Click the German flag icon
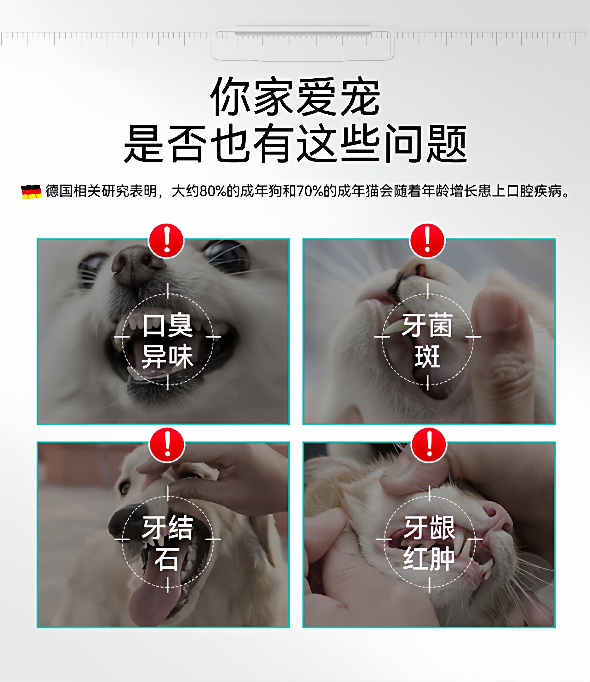[31, 192]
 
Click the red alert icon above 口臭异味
[166, 241]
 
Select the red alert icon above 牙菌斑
[427, 241]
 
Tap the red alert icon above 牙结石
[167, 445]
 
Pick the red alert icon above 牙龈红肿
[429, 445]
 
